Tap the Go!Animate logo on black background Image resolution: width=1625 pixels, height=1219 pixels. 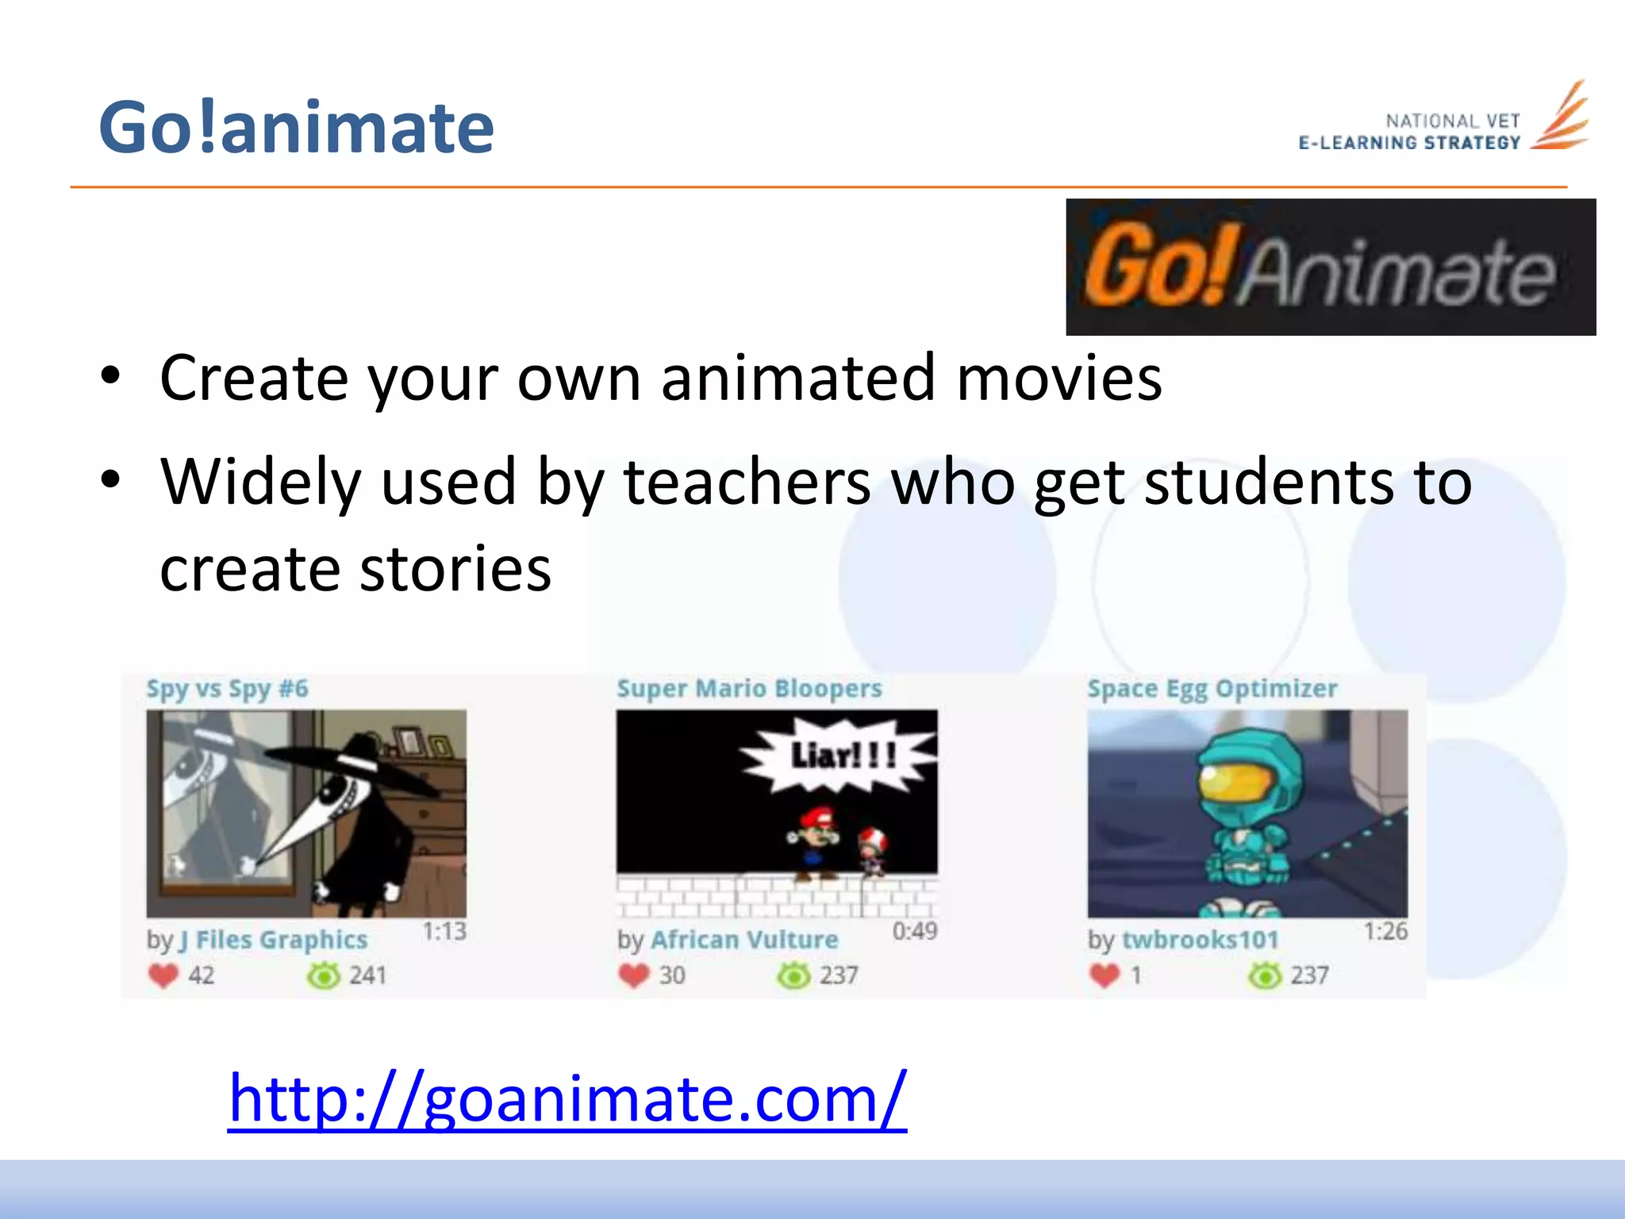click(x=1330, y=267)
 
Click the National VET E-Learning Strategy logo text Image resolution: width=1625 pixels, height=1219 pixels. click(x=1409, y=132)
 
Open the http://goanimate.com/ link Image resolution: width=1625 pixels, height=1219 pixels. click(x=567, y=1098)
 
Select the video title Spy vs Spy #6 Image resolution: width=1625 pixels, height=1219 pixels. click(x=227, y=689)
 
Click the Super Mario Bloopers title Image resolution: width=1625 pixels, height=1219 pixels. click(x=749, y=689)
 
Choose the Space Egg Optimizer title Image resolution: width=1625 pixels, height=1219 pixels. click(x=1212, y=689)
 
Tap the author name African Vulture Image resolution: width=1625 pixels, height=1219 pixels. click(x=744, y=940)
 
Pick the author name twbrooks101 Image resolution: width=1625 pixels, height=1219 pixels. click(x=1200, y=940)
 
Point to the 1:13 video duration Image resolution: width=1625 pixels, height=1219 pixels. click(x=444, y=931)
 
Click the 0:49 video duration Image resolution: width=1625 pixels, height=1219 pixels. click(x=915, y=931)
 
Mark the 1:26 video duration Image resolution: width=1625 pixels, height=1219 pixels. click(x=1385, y=931)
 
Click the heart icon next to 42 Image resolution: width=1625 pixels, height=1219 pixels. click(x=163, y=975)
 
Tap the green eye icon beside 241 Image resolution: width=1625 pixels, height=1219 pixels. click(x=323, y=975)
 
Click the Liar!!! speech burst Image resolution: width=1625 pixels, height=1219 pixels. click(x=841, y=756)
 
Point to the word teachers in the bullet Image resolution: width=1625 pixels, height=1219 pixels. click(x=747, y=483)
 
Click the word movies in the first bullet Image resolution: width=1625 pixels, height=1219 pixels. click(x=1058, y=379)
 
